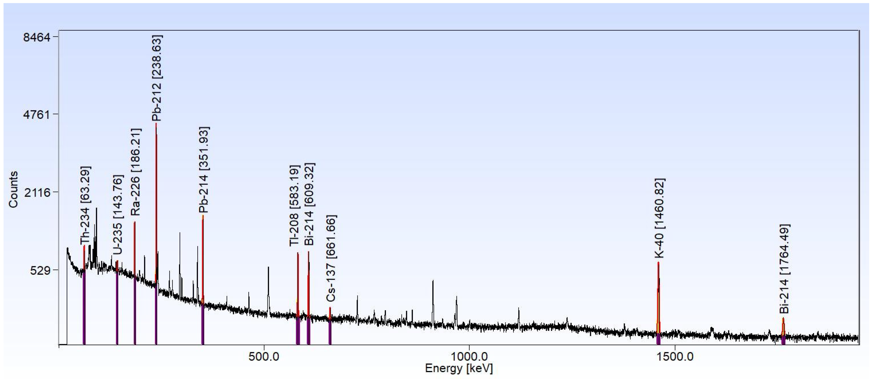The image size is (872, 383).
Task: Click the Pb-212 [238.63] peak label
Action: [x=157, y=78]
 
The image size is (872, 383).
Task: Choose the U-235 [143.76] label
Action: [x=118, y=215]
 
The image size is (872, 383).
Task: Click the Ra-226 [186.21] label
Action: [x=136, y=172]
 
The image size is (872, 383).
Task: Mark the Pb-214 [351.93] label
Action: [x=204, y=170]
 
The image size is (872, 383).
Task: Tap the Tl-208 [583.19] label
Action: [x=294, y=205]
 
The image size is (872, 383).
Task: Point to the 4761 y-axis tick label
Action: [x=37, y=114]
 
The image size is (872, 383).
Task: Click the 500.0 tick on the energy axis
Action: [x=264, y=357]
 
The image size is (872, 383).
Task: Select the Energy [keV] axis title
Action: [x=459, y=368]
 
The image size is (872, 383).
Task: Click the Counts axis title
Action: [x=13, y=189]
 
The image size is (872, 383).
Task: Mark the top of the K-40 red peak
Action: [x=658, y=262]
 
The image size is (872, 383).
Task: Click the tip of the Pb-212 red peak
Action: [x=156, y=124]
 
